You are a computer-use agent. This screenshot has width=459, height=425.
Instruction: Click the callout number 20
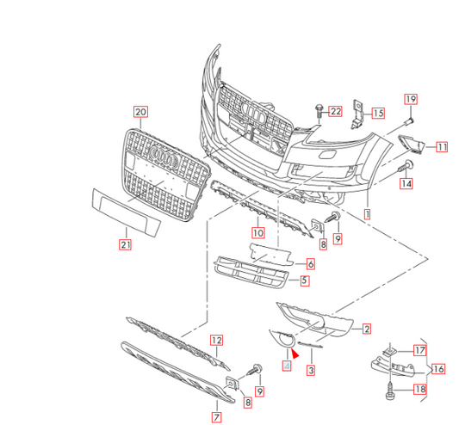pos(141,112)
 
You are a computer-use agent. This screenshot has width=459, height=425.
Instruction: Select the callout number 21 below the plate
pos(125,243)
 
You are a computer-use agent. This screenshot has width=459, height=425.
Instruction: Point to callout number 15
pos(377,112)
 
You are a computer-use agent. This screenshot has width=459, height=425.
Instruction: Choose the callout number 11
pos(441,147)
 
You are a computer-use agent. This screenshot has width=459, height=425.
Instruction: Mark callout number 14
pos(406,183)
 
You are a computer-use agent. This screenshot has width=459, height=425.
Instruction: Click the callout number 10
pos(257,232)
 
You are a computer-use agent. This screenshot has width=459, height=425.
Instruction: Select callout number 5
pos(305,280)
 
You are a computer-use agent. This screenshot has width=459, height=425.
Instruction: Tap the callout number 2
pos(366,329)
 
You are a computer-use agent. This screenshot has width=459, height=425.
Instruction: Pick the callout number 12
pos(217,340)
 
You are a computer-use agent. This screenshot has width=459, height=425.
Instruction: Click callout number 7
pos(216,417)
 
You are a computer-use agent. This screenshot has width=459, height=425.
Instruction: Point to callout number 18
pos(419,390)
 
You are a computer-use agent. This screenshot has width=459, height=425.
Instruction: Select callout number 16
pos(438,369)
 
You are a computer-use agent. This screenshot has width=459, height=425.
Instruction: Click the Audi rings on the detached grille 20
pos(162,155)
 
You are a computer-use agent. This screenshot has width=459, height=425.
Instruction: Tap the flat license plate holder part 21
pos(127,212)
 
